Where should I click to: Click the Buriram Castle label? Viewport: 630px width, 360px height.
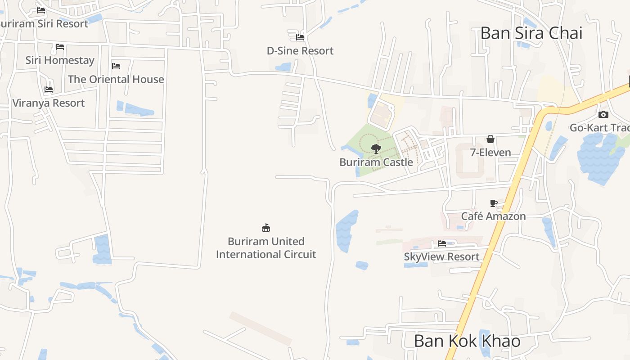pos(376,162)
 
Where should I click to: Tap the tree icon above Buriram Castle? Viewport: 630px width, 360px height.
pos(376,148)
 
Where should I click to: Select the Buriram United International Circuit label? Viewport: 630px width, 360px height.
pos(266,248)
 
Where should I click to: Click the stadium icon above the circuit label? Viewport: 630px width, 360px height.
pos(266,228)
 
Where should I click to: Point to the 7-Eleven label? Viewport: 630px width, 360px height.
pos(490,153)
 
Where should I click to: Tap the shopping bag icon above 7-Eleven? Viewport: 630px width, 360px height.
pos(490,139)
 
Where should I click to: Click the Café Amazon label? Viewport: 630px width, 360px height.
pos(493,216)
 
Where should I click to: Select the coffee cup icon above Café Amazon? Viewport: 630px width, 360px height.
pos(493,203)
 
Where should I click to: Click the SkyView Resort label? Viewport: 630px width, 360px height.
pos(441,256)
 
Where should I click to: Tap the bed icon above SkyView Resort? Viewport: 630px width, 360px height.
pos(442,243)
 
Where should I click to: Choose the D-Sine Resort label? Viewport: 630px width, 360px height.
pos(300,51)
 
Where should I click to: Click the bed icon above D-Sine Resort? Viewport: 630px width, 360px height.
pos(300,37)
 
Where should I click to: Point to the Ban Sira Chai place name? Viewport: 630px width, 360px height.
pos(531,33)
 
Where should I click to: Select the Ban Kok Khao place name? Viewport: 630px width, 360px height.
pos(467,341)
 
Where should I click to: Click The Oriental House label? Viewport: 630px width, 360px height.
pos(116,79)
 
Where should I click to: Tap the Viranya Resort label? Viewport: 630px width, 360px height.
pos(49,103)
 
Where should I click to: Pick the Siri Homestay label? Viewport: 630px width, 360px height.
pos(60,60)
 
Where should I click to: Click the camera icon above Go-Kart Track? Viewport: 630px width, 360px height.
pos(603,114)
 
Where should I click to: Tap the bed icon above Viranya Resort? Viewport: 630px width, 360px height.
pos(49,90)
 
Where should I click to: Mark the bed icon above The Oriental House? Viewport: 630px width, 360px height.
pos(116,66)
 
